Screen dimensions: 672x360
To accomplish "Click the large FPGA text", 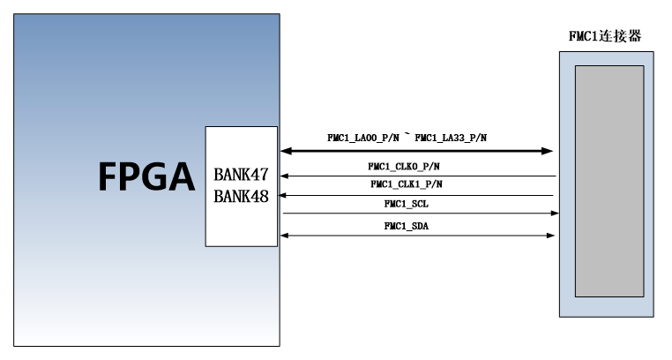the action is tap(147, 176).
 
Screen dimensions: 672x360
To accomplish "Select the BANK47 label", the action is tap(241, 175).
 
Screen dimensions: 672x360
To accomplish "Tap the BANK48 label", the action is tap(241, 196).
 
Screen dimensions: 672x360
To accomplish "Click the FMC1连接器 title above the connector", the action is tap(605, 36).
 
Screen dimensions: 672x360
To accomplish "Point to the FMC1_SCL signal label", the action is tap(407, 204).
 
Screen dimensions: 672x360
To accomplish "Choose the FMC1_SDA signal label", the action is tap(407, 226).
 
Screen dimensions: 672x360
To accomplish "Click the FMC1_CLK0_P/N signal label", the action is tap(404, 166).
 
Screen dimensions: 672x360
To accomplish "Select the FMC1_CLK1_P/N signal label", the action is tap(407, 184).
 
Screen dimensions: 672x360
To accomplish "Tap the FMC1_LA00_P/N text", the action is tap(363, 138).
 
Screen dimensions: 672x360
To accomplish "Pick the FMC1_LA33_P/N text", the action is tap(451, 138).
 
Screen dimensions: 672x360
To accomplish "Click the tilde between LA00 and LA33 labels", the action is tap(407, 135).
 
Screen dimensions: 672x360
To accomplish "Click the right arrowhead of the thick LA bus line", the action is tap(547, 151).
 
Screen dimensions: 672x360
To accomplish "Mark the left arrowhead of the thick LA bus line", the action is tap(287, 151).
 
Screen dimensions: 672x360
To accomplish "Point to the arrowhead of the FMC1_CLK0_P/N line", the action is tap(284, 176).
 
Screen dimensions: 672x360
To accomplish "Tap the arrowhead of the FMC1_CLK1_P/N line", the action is tap(282, 195).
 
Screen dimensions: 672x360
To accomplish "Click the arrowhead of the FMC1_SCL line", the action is tap(555, 213).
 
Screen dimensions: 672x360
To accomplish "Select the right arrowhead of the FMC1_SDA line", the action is tap(551, 236).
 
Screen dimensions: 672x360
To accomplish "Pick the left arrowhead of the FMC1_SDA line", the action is tap(284, 236).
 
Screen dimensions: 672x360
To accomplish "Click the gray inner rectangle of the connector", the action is tap(609, 181).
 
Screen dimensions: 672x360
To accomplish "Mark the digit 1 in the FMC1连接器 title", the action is tap(594, 36).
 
